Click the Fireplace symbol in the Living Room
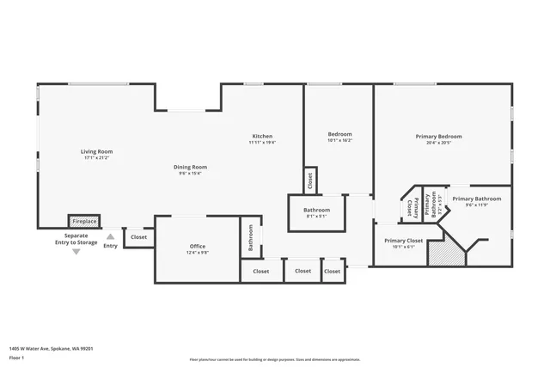(84, 221)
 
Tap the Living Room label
(97, 151)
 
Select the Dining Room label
(191, 167)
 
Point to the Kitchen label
(262, 137)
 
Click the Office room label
(198, 247)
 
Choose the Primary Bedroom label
(438, 137)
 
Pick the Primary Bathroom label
(476, 199)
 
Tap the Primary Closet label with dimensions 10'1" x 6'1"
(403, 241)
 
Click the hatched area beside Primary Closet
(444, 253)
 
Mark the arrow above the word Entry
(110, 236)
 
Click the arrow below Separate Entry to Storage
(76, 252)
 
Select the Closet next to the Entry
(138, 237)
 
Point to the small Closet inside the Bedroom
(310, 180)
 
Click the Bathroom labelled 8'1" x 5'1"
(316, 210)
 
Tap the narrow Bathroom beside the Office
(251, 236)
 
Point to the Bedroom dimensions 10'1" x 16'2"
(340, 140)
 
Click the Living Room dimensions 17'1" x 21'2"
(97, 158)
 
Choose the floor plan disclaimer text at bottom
(274, 359)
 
